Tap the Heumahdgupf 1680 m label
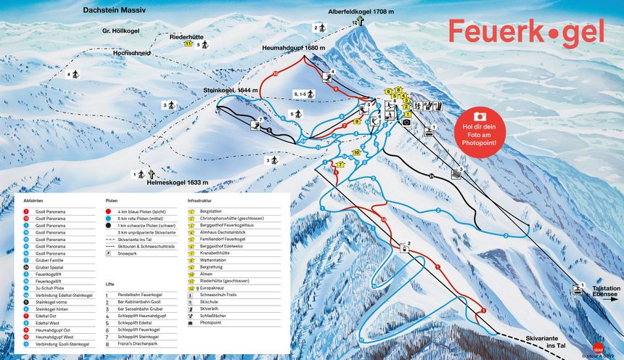(x=291, y=48)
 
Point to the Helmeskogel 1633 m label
(x=184, y=182)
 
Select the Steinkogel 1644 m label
(x=230, y=91)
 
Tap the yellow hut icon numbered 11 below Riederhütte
(x=188, y=44)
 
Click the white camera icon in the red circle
(x=480, y=116)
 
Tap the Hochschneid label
(x=131, y=53)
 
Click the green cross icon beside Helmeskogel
(x=152, y=174)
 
